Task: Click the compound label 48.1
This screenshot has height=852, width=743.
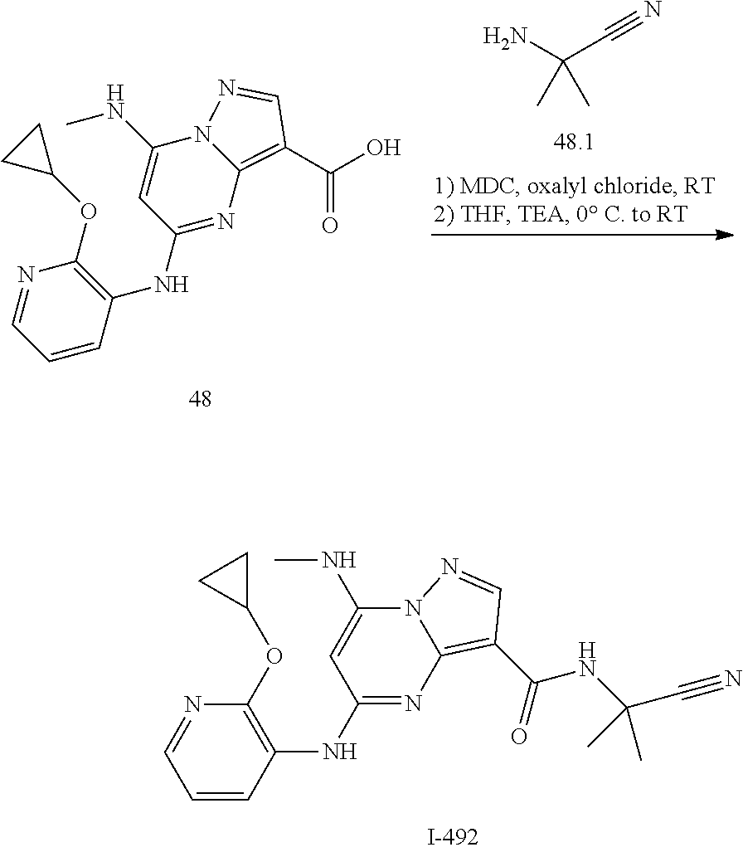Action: click(573, 143)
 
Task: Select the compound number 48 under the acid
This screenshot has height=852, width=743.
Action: click(200, 400)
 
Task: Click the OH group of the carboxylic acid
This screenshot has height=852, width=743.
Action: click(381, 148)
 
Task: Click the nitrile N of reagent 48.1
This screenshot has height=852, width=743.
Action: click(652, 10)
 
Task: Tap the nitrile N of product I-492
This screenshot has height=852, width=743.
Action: click(732, 679)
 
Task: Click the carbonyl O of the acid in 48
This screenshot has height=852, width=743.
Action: click(329, 226)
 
